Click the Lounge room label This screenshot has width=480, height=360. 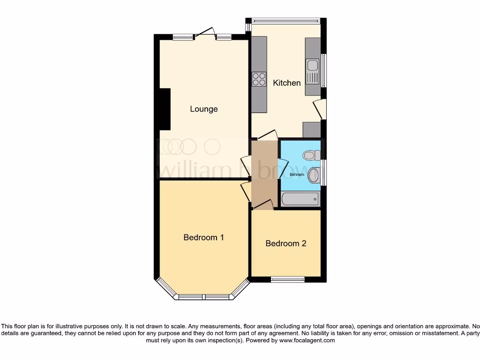pyautogui.click(x=204, y=109)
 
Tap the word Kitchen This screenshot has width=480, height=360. pyautogui.click(x=287, y=83)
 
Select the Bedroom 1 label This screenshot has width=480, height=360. pyautogui.click(x=203, y=237)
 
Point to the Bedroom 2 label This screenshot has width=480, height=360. pyautogui.click(x=286, y=243)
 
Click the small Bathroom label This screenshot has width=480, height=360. pyautogui.click(x=297, y=174)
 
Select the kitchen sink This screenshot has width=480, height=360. pyautogui.click(x=313, y=71)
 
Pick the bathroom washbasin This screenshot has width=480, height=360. pyautogui.click(x=314, y=175)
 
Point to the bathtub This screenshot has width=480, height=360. pyautogui.click(x=300, y=199)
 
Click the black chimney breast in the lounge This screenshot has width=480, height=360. pyautogui.click(x=164, y=109)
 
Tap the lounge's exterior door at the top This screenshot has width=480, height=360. pyautogui.click(x=205, y=33)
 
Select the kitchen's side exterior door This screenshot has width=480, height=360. pyautogui.click(x=320, y=109)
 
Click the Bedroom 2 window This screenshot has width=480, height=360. pyautogui.click(x=287, y=279)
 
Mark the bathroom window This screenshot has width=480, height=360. pyautogui.click(x=324, y=172)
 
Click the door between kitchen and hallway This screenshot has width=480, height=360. pyautogui.click(x=266, y=135)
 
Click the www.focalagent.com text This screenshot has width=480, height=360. pyautogui.click(x=307, y=340)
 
